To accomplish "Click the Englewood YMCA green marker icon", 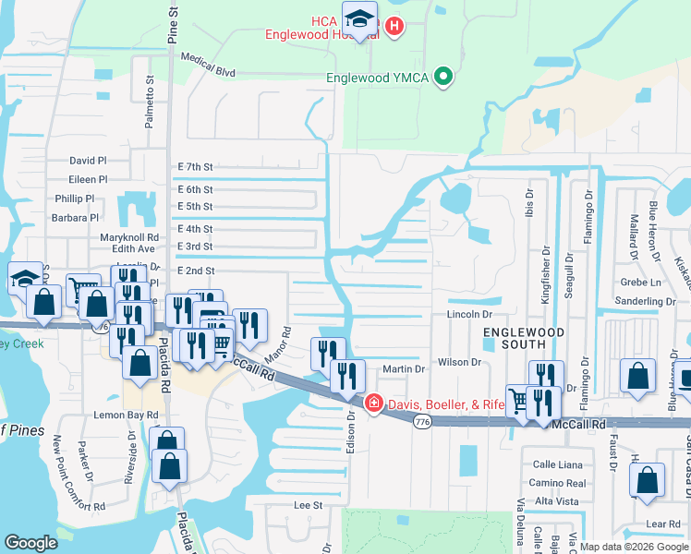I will (444, 78).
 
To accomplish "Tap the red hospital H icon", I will (394, 27).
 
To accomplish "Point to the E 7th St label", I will (195, 167).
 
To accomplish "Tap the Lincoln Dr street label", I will (469, 315).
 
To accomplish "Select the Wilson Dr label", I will (460, 362).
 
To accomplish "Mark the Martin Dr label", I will (404, 368).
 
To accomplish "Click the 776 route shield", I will (422, 422).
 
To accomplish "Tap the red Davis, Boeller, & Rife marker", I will (373, 403).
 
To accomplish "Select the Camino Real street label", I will (557, 483).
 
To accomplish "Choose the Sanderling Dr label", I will (645, 301).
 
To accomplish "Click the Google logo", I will (31, 543).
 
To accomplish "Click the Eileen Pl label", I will (88, 179).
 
